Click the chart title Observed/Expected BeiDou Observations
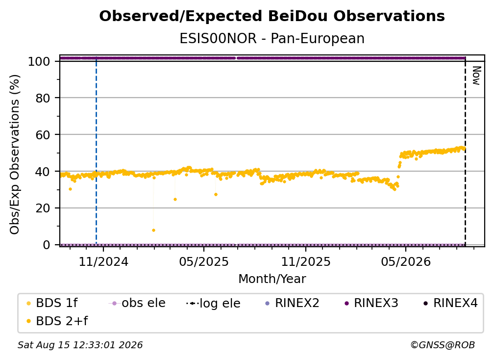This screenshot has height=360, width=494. [272, 16]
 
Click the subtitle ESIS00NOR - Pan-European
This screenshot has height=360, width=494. [272, 39]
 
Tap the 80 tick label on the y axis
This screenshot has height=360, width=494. [43, 98]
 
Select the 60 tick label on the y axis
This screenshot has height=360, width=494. [43, 135]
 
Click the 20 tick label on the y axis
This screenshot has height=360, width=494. [43, 208]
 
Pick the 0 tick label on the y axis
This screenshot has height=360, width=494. [47, 245]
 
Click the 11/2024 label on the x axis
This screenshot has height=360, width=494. [103, 262]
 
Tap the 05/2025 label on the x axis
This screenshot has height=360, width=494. [204, 262]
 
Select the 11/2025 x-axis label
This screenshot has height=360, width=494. [306, 262]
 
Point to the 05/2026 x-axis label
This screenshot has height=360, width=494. [406, 262]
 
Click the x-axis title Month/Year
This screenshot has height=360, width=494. [272, 279]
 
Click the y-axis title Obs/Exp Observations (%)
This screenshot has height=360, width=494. [15, 154]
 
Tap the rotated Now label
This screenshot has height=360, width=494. [476, 76]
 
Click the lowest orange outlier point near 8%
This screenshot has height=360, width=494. [153, 231]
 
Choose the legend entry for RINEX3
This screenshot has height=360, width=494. [372, 303]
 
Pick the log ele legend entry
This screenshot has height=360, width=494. [214, 304]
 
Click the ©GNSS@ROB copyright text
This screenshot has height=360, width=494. [443, 345]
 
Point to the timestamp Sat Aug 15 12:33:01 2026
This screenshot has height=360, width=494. [80, 345]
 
